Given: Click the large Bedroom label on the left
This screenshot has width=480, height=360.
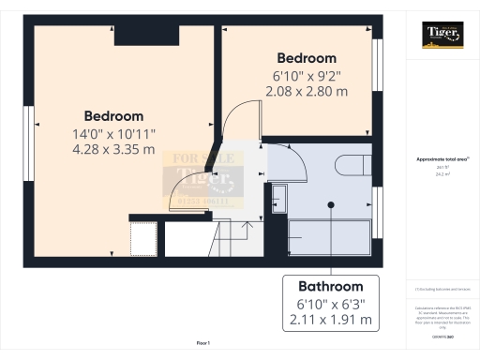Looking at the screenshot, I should click(x=112, y=115).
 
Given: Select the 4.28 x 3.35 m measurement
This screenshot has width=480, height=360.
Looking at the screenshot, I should click(x=113, y=149).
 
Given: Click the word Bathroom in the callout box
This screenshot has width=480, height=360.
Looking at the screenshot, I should click(x=330, y=286).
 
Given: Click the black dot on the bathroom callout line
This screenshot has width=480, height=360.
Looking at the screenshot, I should click(x=330, y=204).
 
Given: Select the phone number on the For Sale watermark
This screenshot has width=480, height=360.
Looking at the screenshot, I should click(x=205, y=200).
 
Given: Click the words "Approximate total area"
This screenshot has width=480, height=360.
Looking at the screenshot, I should click(x=441, y=159).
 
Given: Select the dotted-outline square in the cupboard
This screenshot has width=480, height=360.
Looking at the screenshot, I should click(x=143, y=238).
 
